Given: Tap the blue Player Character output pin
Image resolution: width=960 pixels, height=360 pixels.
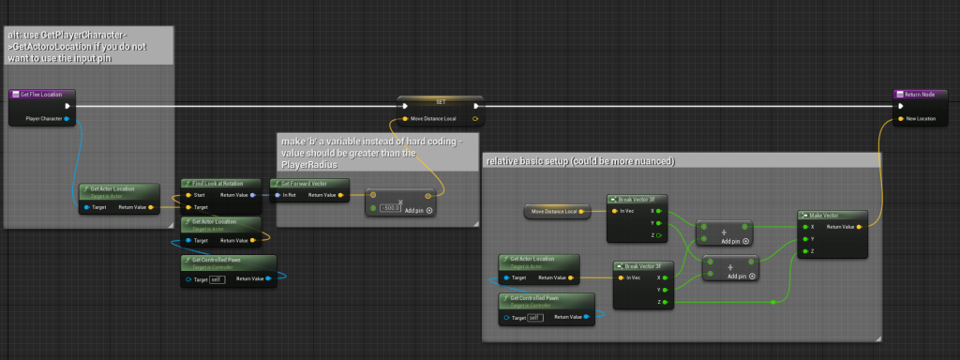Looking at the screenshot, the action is (x=67, y=119).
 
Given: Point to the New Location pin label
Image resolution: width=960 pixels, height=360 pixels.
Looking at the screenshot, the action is (x=922, y=119).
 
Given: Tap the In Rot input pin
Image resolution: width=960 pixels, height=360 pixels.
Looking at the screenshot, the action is (x=277, y=195).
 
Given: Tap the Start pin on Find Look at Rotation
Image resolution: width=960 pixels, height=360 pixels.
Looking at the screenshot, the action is (x=187, y=195).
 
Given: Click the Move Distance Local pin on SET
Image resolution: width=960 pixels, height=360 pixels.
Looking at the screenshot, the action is (x=405, y=119).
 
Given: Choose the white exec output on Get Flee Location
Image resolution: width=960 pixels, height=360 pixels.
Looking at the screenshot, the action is (x=67, y=106).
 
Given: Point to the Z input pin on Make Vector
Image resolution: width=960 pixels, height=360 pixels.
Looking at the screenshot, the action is (x=803, y=251).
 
